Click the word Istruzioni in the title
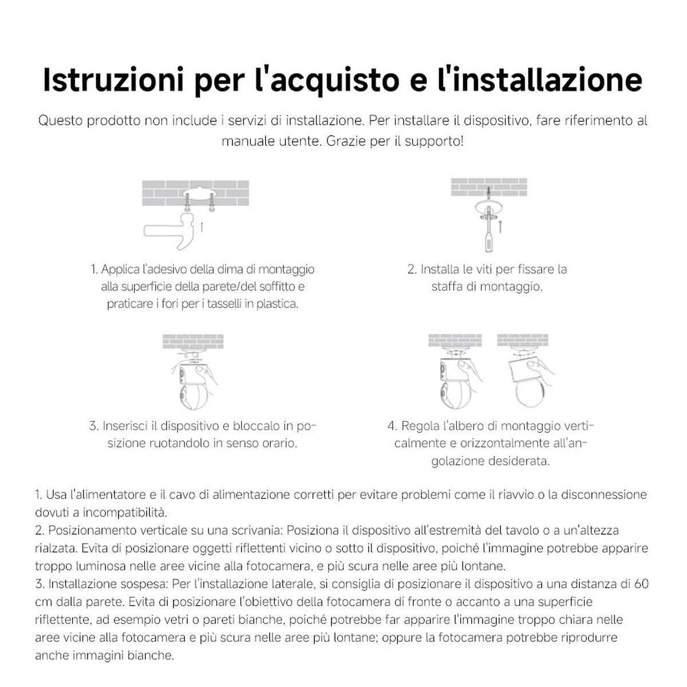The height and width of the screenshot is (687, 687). pos(113,80)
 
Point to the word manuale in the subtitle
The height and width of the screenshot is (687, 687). pos(247,141)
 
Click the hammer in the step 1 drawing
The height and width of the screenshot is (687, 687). pos(169,231)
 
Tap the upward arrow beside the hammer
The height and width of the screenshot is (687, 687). pos(202,227)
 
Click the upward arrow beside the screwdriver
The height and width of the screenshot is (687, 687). pos(500,227)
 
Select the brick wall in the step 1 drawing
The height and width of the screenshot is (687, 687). pos(196,193)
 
